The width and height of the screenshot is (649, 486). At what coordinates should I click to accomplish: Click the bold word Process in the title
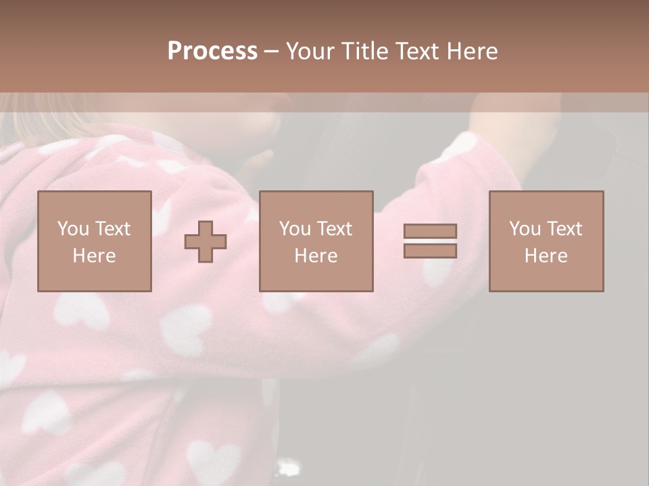click(x=212, y=51)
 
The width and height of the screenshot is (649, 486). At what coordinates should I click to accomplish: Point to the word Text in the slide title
click(x=415, y=51)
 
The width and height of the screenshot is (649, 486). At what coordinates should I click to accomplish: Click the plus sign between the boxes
click(x=206, y=242)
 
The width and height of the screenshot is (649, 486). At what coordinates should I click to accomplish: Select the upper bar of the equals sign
click(x=430, y=231)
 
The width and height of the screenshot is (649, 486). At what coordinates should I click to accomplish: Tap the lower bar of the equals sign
click(x=430, y=250)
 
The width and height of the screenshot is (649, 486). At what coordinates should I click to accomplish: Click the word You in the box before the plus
click(x=73, y=229)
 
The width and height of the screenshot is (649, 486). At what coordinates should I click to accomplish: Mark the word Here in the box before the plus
click(x=94, y=256)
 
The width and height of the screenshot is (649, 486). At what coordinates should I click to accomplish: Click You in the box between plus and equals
click(x=295, y=229)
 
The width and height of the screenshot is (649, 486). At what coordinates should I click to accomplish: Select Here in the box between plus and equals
click(x=316, y=256)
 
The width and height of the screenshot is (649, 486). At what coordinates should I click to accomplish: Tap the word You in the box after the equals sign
click(x=525, y=229)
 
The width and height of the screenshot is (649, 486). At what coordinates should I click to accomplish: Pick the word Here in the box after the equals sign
click(x=546, y=256)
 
